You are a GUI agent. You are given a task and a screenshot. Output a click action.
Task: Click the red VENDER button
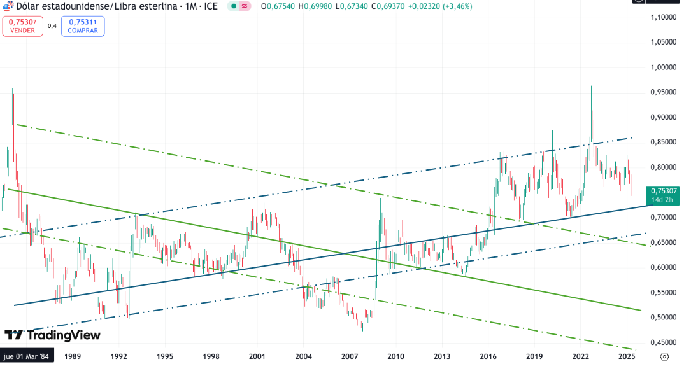coord(22,26)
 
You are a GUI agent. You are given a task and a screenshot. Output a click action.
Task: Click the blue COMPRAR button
coord(83,26)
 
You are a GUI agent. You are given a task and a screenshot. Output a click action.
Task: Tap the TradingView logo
coord(52,335)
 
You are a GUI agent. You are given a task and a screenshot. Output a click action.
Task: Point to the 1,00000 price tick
coord(662,67)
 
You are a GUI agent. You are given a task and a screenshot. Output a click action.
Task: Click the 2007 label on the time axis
coord(350,356)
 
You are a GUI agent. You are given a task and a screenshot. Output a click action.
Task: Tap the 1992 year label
coord(118,356)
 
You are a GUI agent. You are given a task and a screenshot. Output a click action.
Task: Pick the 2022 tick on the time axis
coord(581,356)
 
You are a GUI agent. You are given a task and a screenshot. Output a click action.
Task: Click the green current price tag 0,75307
coord(662,190)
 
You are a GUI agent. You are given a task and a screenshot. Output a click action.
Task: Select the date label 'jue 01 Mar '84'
coord(27,356)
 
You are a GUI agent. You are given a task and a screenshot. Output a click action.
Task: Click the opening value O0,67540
coord(276,6)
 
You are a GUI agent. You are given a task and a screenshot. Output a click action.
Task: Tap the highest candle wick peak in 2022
coord(591,87)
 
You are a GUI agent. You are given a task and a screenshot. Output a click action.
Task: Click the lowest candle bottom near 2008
coord(362,330)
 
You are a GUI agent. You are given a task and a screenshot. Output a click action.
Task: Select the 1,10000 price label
coord(662,18)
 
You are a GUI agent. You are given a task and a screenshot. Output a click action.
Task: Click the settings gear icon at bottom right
coord(665,356)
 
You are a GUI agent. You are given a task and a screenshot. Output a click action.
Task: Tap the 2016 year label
coord(488,356)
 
